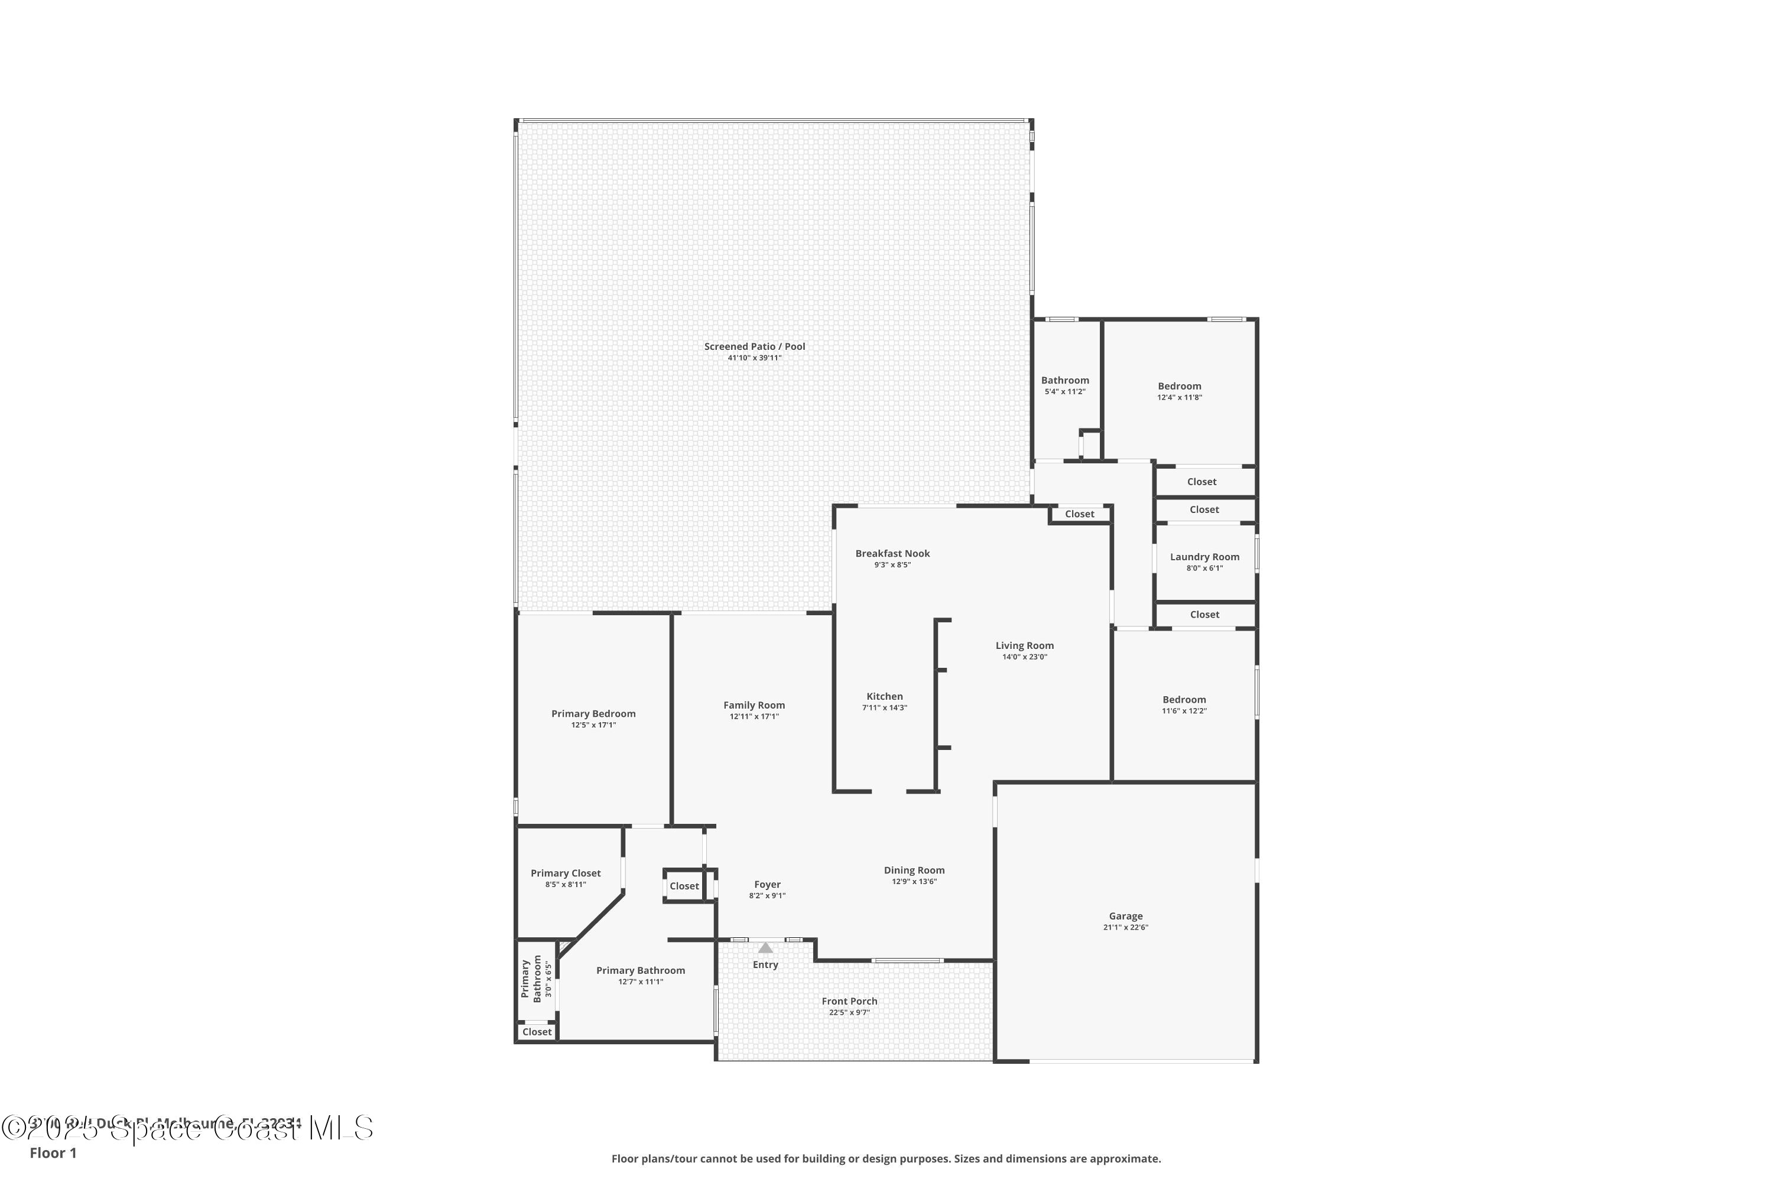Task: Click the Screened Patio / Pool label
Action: click(754, 347)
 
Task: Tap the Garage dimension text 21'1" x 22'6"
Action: click(1125, 927)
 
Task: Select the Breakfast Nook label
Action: click(892, 553)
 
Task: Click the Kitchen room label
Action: click(884, 697)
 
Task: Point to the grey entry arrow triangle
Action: click(765, 947)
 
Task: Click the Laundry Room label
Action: click(1204, 557)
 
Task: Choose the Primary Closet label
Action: click(566, 873)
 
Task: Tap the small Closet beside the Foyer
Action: click(684, 886)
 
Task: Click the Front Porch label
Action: click(849, 1001)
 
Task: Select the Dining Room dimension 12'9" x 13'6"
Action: click(914, 881)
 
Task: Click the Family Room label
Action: click(754, 705)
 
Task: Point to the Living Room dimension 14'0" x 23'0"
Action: click(1024, 657)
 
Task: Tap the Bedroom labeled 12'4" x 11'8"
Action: click(1179, 386)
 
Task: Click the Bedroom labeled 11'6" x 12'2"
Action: click(1184, 700)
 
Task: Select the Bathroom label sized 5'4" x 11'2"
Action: click(1064, 381)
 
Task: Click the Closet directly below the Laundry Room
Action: click(1204, 615)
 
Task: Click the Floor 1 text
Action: click(53, 1152)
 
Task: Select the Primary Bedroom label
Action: click(593, 714)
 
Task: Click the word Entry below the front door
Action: click(765, 965)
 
